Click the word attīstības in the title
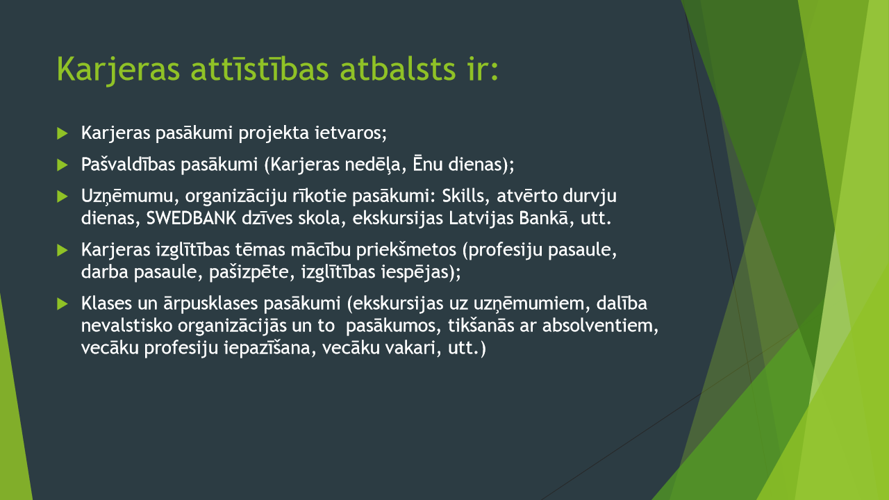(260, 69)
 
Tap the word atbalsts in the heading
(398, 69)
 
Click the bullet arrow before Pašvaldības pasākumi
(63, 165)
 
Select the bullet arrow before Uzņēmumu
(63, 196)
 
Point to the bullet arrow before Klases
(63, 303)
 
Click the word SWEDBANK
(191, 218)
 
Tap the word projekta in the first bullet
(274, 133)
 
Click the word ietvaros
(351, 133)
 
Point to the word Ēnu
(427, 164)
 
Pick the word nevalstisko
(126, 326)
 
